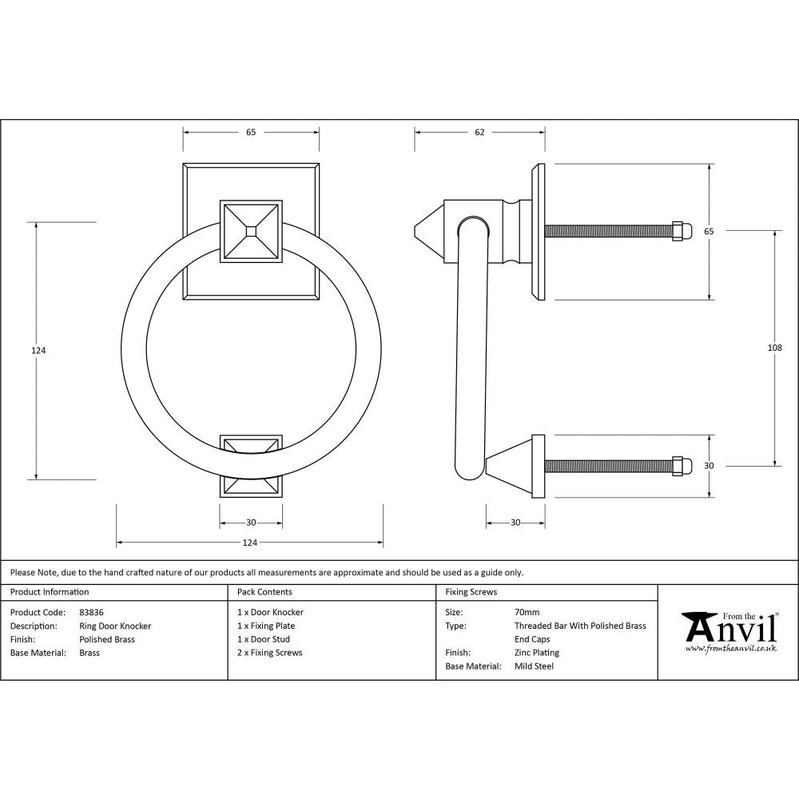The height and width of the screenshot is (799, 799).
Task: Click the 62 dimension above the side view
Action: pyautogui.click(x=479, y=133)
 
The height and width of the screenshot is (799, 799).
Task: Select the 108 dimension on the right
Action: pyautogui.click(x=773, y=348)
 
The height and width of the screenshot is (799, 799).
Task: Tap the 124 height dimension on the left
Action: pyautogui.click(x=34, y=350)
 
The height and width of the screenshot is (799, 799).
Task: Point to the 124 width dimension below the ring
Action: pyautogui.click(x=250, y=543)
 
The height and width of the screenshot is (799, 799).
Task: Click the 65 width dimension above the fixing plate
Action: pyautogui.click(x=251, y=133)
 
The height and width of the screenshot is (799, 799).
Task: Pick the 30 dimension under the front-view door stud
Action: pyautogui.click(x=251, y=523)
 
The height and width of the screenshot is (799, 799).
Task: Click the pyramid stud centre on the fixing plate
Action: pyautogui.click(x=251, y=230)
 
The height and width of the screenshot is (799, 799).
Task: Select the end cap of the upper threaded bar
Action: pyautogui.click(x=681, y=231)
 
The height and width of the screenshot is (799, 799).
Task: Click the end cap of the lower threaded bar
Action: pyautogui.click(x=681, y=466)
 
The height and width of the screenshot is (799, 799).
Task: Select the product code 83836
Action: pyautogui.click(x=91, y=612)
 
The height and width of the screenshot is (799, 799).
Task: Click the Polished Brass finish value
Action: pyautogui.click(x=107, y=639)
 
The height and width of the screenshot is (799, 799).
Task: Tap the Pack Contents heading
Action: pyautogui.click(x=264, y=592)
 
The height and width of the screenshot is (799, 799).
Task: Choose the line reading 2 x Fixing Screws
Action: pyautogui.click(x=269, y=653)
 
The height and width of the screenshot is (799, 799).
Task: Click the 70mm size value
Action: pyautogui.click(x=527, y=612)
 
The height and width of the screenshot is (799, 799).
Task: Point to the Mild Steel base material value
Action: pyautogui.click(x=534, y=666)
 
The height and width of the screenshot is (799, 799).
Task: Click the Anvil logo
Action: pyautogui.click(x=729, y=631)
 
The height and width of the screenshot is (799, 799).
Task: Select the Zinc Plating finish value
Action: pyautogui.click(x=536, y=653)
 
